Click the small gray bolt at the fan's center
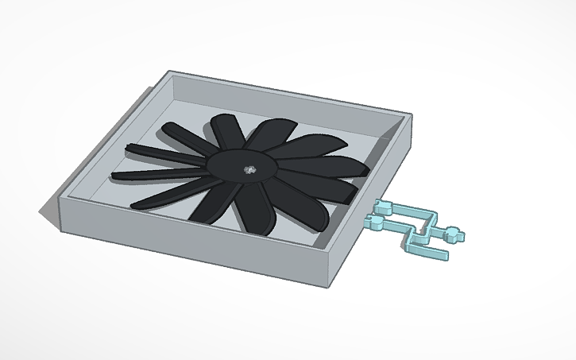pos(249,168)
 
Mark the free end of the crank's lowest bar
pos(446,256)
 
